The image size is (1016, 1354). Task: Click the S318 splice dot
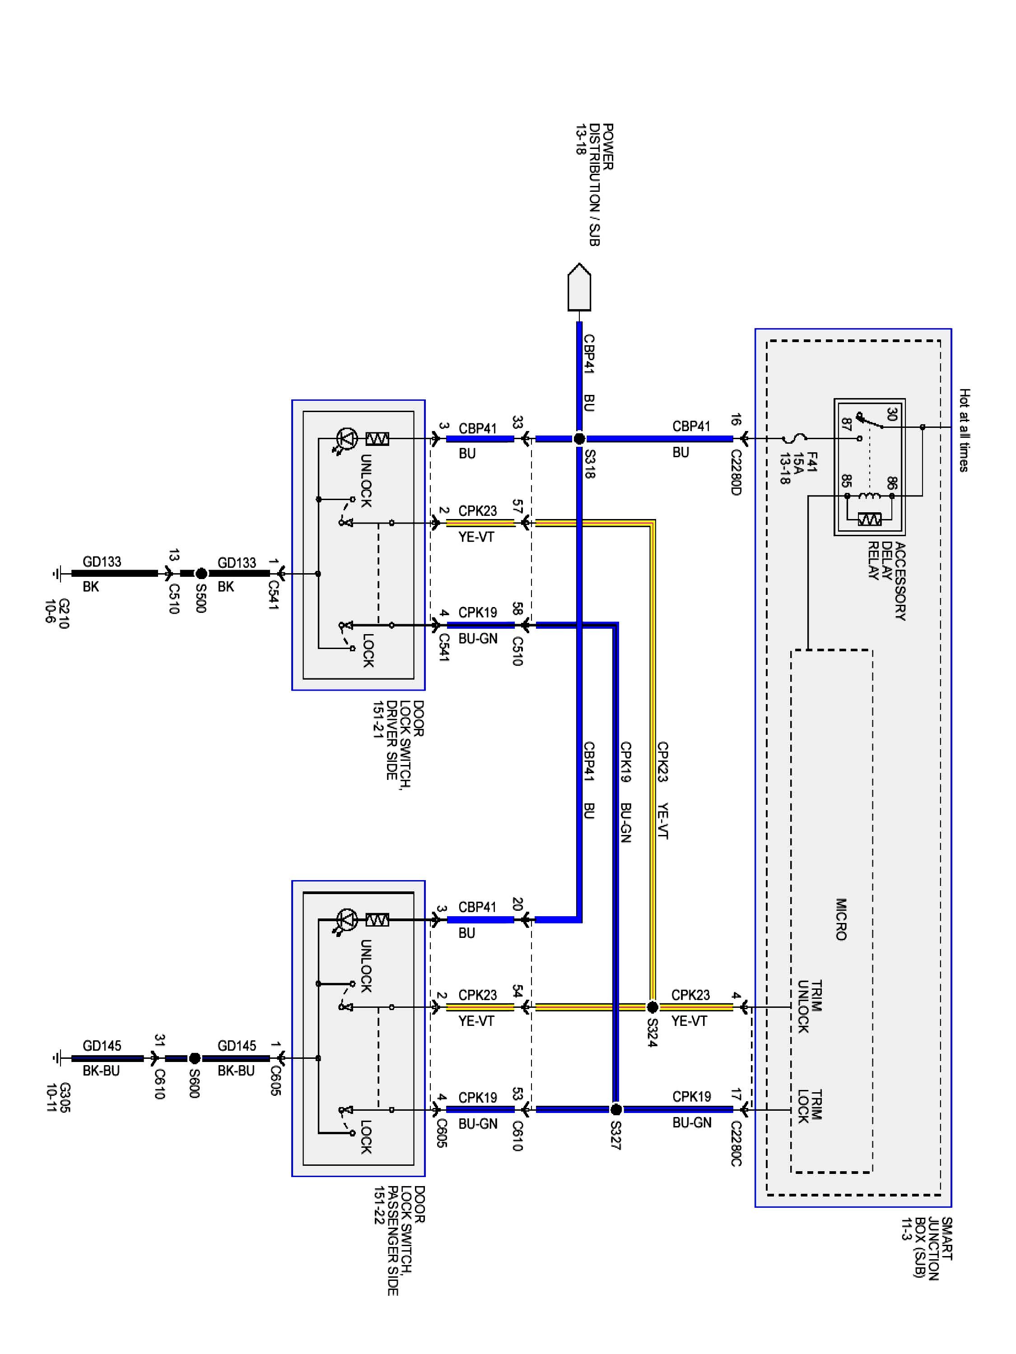[579, 438]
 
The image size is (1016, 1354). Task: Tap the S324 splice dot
[652, 1007]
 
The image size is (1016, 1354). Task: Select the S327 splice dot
[616, 1109]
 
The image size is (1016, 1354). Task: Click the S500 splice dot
[201, 574]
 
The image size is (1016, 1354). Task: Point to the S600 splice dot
[194, 1058]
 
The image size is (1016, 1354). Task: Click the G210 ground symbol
[56, 574]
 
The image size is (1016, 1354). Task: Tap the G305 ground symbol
[56, 1058]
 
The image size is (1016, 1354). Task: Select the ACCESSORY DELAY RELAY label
[887, 580]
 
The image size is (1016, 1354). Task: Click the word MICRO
[841, 919]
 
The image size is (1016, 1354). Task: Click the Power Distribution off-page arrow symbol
[579, 287]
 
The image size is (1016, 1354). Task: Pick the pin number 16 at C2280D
[736, 420]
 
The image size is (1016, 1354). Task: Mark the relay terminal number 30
[892, 414]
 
